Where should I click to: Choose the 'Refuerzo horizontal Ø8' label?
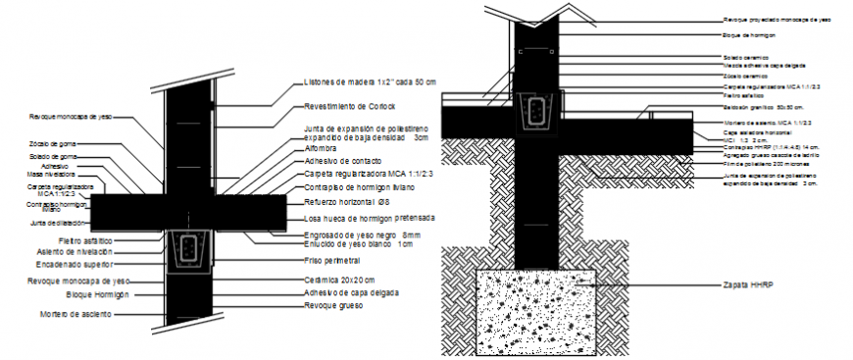(x=348, y=199)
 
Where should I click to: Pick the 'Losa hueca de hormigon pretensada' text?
(x=369, y=217)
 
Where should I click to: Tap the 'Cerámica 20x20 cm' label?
(x=338, y=280)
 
